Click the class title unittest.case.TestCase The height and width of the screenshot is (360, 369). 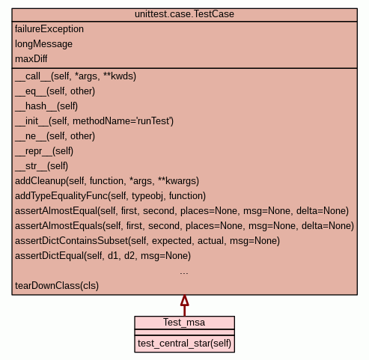(184, 14)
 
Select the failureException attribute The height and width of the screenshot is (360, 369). (49, 29)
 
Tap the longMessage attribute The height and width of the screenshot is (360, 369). (43, 44)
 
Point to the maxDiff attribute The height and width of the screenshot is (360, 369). (31, 59)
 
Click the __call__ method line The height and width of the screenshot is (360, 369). (76, 76)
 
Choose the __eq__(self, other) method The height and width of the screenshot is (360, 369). (55, 91)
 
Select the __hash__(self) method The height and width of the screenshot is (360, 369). (46, 106)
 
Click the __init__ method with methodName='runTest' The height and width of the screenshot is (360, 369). (94, 121)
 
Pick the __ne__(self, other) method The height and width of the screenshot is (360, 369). (55, 136)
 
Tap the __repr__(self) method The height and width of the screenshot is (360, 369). (44, 151)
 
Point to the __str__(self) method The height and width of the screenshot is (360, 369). (42, 166)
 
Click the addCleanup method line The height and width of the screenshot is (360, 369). (107, 181)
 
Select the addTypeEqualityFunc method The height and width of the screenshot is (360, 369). (111, 196)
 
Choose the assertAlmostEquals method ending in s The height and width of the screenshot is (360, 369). (185, 226)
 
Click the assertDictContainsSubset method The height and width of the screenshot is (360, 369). (147, 241)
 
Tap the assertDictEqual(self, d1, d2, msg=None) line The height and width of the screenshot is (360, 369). (103, 256)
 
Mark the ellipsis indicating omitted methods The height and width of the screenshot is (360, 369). (184, 273)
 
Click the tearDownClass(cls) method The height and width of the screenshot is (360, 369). (57, 286)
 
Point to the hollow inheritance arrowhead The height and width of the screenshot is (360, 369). (185, 301)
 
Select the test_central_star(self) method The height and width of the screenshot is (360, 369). (185, 344)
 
